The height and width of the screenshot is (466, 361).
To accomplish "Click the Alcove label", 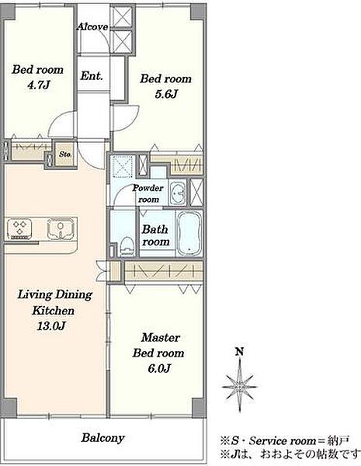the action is [x=92, y=27].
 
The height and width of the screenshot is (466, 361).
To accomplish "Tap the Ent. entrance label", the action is [x=92, y=76].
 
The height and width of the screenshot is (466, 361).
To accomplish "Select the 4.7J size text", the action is [x=38, y=85].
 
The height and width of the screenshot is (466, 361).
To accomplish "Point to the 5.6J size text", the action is [x=166, y=94].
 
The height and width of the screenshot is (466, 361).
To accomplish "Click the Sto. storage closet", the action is [x=65, y=154].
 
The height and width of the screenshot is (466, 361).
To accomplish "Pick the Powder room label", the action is [x=148, y=193].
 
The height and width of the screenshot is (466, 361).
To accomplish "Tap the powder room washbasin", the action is [x=178, y=193].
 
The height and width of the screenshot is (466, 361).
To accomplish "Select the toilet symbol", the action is [x=127, y=246].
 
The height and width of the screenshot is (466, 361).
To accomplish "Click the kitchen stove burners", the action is [x=19, y=228].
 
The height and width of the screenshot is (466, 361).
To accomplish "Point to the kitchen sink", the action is [x=61, y=228].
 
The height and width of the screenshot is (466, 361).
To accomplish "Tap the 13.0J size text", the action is [x=51, y=326].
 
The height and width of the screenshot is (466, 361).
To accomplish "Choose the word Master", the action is [x=161, y=338].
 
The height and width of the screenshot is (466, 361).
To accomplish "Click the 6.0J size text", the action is [x=159, y=369].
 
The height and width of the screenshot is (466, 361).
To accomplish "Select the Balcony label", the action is [x=102, y=438].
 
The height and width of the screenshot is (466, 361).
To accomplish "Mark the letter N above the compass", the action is [x=239, y=352].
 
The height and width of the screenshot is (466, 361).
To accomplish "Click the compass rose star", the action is [x=239, y=387].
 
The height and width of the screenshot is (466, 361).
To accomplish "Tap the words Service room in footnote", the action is [x=283, y=440].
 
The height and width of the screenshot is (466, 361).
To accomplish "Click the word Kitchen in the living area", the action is [x=54, y=311].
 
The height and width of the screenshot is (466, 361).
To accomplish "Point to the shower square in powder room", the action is [x=123, y=166].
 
